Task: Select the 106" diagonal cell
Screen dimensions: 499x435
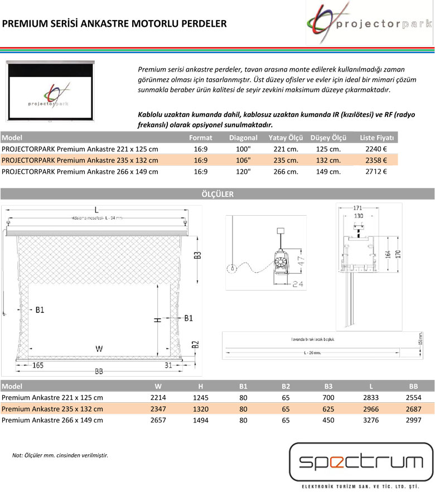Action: [x=243, y=160]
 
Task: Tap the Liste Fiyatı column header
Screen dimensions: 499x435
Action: [x=377, y=137]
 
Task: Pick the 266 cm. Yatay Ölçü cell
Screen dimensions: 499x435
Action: [x=286, y=172]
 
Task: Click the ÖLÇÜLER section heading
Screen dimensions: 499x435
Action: [x=217, y=194]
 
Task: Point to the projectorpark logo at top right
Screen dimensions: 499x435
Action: [x=370, y=24]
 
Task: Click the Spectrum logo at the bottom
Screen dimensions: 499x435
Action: [x=361, y=462]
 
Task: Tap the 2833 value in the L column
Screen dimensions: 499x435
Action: [x=370, y=397]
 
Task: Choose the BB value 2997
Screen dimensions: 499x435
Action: [x=413, y=420]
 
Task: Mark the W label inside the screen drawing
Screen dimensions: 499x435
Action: [x=99, y=349]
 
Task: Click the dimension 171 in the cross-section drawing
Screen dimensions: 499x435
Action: [x=357, y=208]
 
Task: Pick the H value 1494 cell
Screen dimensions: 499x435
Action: [x=200, y=420]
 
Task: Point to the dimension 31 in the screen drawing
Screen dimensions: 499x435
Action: [x=168, y=365]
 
